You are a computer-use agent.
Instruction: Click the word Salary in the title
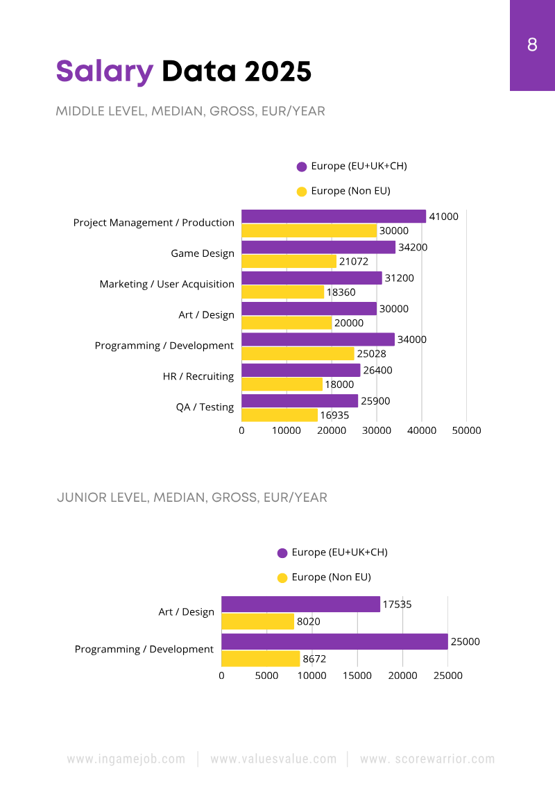[104, 71]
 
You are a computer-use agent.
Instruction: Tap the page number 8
[532, 45]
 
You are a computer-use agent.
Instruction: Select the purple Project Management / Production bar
[333, 217]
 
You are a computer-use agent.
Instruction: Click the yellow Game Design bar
[289, 262]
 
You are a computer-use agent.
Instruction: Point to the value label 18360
[341, 293]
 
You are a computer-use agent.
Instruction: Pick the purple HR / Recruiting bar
[300, 371]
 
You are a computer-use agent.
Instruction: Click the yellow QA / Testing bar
[279, 415]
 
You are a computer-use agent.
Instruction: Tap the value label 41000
[444, 217]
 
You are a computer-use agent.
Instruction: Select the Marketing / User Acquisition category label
[166, 284]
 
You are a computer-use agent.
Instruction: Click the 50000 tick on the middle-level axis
[466, 430]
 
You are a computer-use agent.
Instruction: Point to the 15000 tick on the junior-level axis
[357, 675]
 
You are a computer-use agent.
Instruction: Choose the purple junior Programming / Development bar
[334, 642]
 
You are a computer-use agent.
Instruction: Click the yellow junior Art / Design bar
[257, 622]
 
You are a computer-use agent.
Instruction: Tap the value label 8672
[314, 659]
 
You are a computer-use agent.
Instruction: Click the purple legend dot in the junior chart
[282, 553]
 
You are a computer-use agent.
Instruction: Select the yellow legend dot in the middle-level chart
[302, 192]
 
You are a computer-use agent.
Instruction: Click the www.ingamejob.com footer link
[126, 759]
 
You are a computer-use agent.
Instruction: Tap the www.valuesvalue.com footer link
[273, 759]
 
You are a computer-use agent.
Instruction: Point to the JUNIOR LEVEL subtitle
[192, 498]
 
